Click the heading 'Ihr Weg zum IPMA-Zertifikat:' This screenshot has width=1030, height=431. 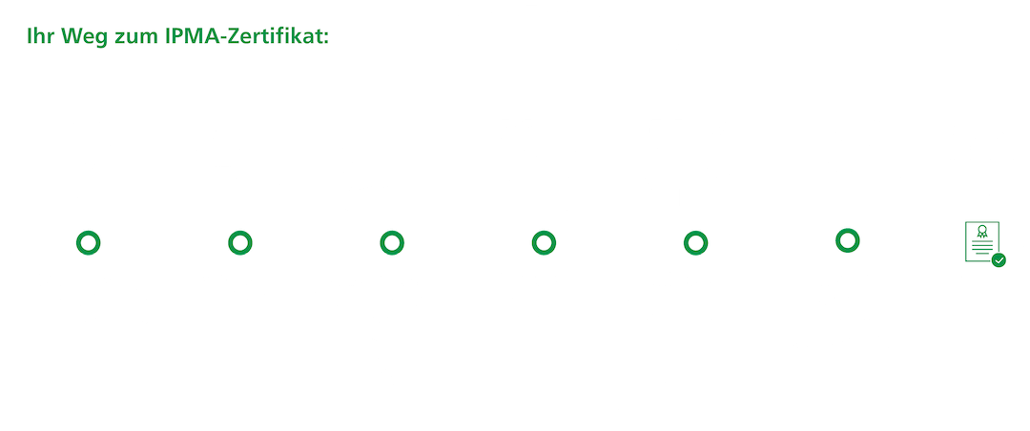coord(173,37)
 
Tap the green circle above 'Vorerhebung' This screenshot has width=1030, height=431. coord(88,242)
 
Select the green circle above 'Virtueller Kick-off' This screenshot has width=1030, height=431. coord(239,242)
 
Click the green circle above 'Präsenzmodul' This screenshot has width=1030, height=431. coord(542,242)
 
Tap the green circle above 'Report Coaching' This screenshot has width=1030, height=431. coord(845,241)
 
